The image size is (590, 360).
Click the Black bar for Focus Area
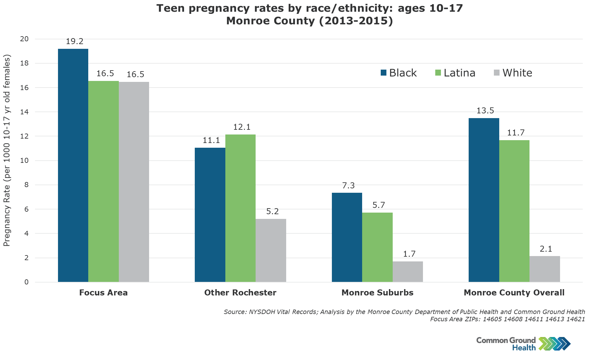click(x=73, y=165)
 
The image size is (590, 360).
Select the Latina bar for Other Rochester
click(x=240, y=208)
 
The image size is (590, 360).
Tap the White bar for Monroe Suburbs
click(x=408, y=271)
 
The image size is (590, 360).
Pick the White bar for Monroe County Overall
click(x=545, y=269)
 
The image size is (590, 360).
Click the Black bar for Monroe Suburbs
click(x=347, y=237)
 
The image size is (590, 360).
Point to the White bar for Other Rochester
click(x=271, y=250)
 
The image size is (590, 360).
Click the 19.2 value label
click(x=75, y=42)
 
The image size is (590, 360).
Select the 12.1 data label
click(x=242, y=127)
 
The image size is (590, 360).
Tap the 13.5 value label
click(x=485, y=111)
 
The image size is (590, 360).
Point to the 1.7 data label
click(x=409, y=254)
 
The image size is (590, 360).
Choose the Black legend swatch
click(x=384, y=73)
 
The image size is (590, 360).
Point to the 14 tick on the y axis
click(x=25, y=112)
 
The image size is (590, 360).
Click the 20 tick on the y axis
click(x=25, y=39)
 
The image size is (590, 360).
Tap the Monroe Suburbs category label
click(x=377, y=293)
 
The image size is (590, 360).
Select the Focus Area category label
click(x=103, y=293)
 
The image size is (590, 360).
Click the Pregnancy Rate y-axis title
click(x=7, y=151)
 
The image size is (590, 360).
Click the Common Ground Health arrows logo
click(x=554, y=344)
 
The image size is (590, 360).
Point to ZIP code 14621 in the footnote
click(x=576, y=319)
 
